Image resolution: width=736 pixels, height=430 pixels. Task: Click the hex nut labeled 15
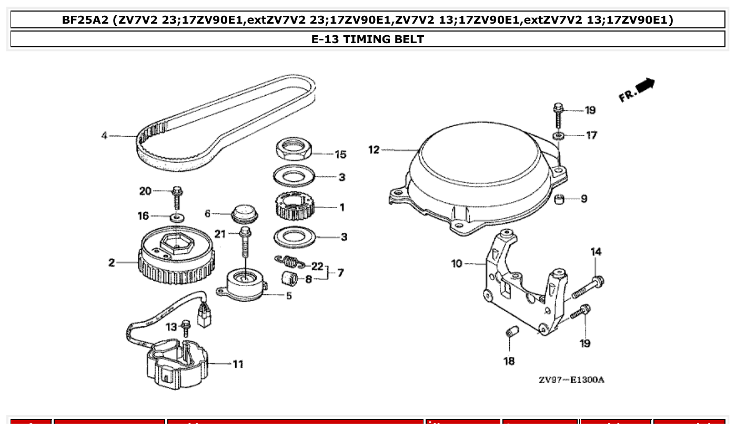coord(294,148)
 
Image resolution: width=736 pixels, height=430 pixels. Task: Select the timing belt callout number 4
coord(104,136)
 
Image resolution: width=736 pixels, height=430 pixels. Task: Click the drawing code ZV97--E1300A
coord(571,380)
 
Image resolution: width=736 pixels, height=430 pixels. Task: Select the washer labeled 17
coord(559,136)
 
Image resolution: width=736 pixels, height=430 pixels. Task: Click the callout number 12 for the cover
coord(374,150)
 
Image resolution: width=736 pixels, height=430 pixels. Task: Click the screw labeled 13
coord(185,327)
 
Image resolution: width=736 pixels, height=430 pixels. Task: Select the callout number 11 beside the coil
coord(238,364)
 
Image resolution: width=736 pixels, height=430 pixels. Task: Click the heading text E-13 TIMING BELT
coord(368,39)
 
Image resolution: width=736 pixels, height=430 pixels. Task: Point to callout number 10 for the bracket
coord(457,263)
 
